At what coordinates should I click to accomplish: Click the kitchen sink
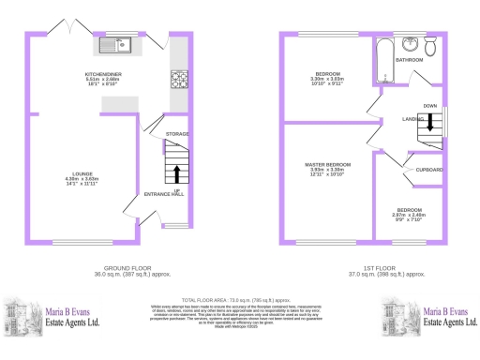pyautogui.click(x=117, y=43)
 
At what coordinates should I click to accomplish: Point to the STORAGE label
pyautogui.click(x=177, y=134)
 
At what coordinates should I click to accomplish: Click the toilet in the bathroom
pyautogui.click(x=430, y=48)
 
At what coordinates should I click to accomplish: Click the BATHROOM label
pyautogui.click(x=409, y=59)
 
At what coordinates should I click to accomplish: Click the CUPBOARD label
pyautogui.click(x=430, y=169)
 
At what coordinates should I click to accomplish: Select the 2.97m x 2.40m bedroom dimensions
pyautogui.click(x=409, y=215)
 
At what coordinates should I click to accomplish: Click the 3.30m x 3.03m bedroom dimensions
pyautogui.click(x=328, y=78)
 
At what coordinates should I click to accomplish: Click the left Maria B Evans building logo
pyautogui.click(x=23, y=315)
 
